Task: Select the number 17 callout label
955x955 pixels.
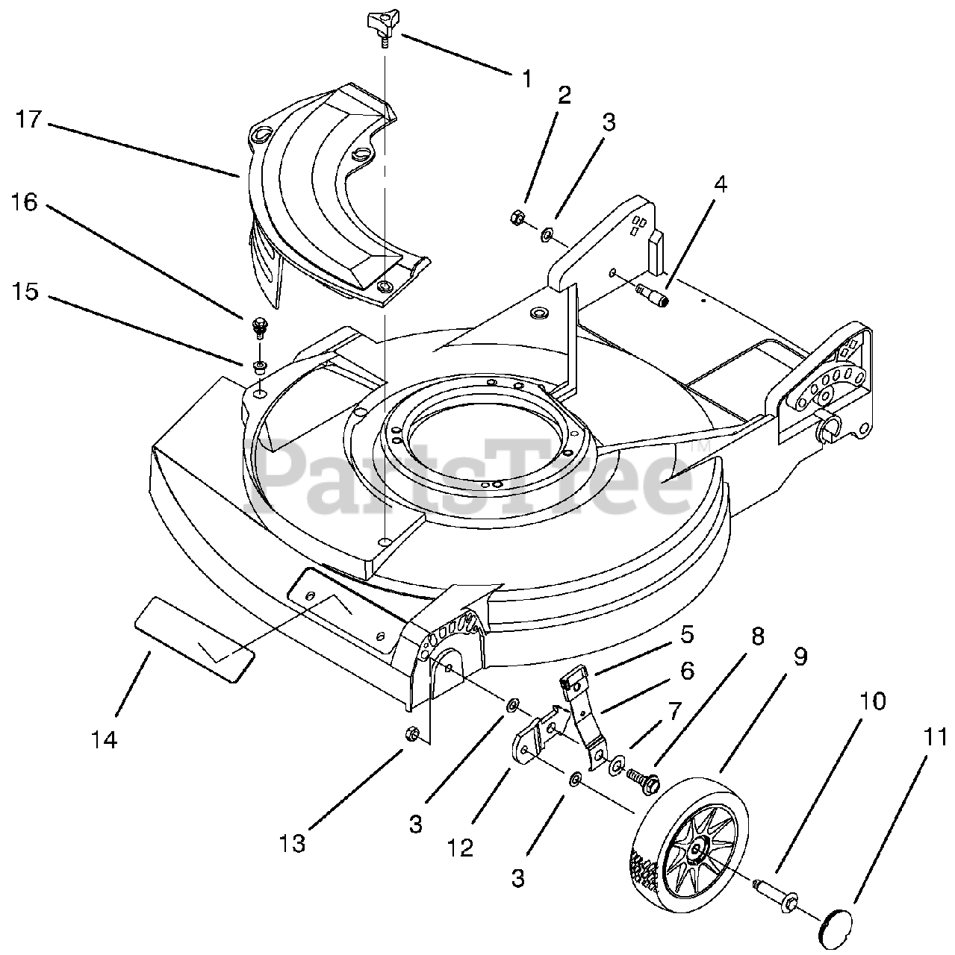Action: (x=28, y=119)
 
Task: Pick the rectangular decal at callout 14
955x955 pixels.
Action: (x=194, y=639)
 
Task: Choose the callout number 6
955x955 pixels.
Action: (x=687, y=671)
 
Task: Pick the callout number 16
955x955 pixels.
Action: (x=25, y=203)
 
